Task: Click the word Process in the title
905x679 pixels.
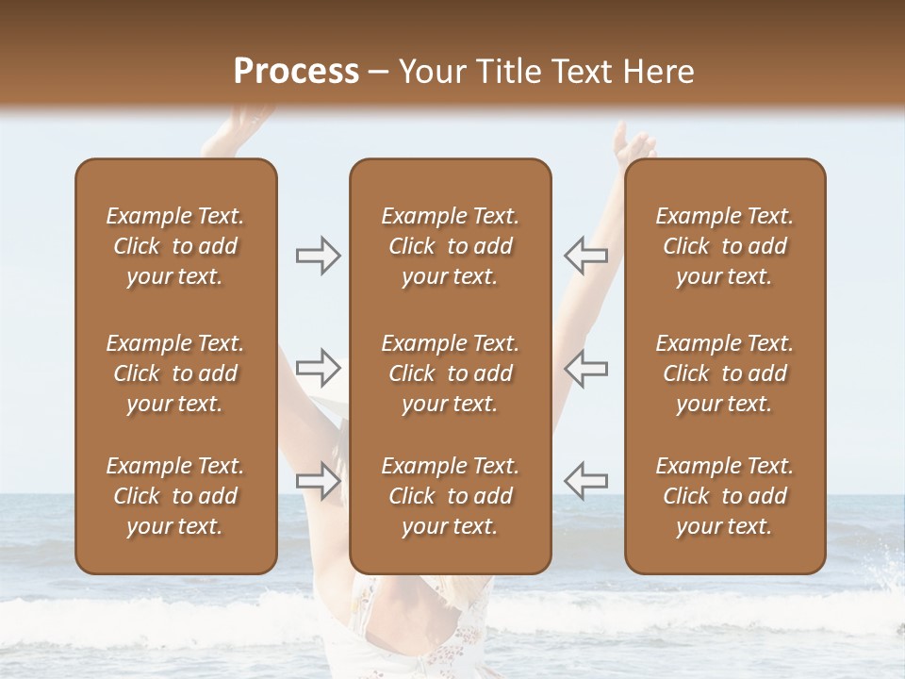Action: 296,72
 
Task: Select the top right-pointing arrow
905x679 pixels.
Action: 318,256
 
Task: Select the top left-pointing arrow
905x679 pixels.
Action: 585,256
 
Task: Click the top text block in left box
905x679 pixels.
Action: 175,246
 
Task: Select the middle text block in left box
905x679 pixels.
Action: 175,373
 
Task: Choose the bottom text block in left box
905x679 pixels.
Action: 175,496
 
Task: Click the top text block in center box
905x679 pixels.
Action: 451,246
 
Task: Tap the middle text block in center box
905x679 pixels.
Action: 451,373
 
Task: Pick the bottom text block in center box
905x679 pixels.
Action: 451,496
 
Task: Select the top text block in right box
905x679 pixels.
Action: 725,246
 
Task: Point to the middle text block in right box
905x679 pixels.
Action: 725,373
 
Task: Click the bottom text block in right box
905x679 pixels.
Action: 725,496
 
